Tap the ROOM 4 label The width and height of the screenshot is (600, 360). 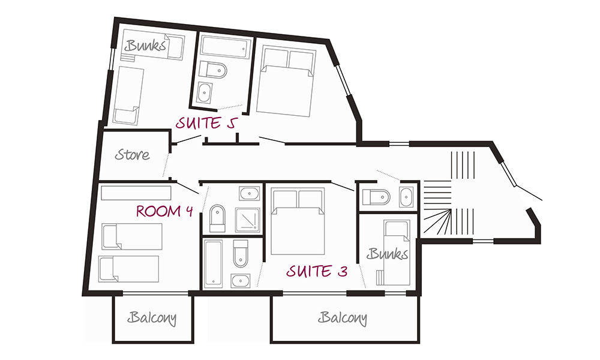pos(164,211)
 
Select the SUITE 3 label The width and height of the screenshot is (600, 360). pos(317,271)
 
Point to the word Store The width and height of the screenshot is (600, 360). pos(133,155)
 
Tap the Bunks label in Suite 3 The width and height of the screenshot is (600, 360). pos(388,254)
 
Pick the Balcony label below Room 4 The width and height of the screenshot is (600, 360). pos(152,318)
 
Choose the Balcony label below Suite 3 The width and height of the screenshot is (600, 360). pos(343,317)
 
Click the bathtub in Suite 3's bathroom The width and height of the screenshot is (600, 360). pos(214,263)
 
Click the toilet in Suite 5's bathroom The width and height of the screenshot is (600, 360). pos(214,70)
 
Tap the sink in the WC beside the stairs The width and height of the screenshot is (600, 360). pos(407,196)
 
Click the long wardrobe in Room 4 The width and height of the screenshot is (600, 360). pos(136,192)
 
